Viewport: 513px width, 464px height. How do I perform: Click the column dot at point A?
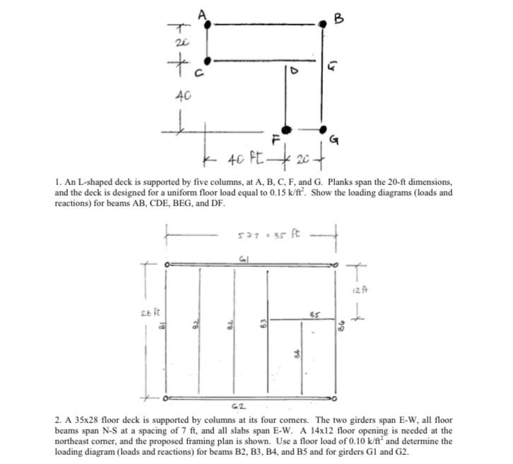pyautogui.click(x=208, y=24)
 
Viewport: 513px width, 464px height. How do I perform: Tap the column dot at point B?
pyautogui.click(x=324, y=23)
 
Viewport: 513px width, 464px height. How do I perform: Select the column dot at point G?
pyautogui.click(x=324, y=130)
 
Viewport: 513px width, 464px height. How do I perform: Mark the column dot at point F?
pyautogui.click(x=286, y=130)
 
